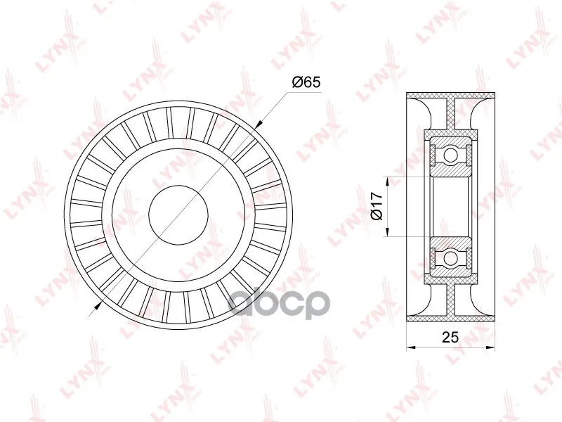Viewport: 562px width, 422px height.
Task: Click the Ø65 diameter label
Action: pyautogui.click(x=306, y=82)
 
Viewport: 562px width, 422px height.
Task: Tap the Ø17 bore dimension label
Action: pyautogui.click(x=377, y=206)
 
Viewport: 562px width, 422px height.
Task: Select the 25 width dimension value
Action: pyautogui.click(x=450, y=337)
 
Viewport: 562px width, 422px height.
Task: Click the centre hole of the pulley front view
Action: pyautogui.click(x=178, y=216)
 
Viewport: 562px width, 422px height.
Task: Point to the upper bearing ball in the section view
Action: pyautogui.click(x=450, y=155)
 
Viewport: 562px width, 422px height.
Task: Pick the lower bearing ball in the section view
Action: pyautogui.click(x=450, y=257)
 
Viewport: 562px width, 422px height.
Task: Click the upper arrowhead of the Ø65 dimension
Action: pyautogui.click(x=259, y=124)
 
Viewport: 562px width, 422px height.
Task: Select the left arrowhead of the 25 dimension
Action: pyautogui.click(x=411, y=347)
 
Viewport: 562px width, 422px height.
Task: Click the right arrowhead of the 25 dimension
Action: pyautogui.click(x=490, y=347)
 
